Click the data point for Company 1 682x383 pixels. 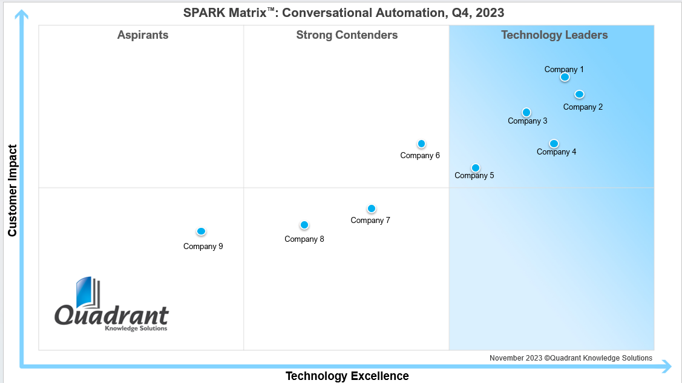click(565, 77)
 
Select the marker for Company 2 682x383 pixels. click(579, 94)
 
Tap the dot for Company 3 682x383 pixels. click(526, 112)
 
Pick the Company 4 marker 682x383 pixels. click(554, 144)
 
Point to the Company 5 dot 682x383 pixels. click(476, 168)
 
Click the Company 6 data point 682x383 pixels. click(421, 144)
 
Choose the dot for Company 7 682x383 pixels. click(372, 208)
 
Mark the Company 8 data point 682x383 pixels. click(304, 225)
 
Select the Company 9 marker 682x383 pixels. click(202, 231)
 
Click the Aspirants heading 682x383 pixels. click(143, 35)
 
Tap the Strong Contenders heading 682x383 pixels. click(347, 35)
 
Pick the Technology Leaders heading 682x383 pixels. click(554, 35)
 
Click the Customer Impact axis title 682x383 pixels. click(13, 190)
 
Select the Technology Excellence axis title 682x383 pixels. click(347, 376)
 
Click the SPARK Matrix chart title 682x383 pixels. click(344, 13)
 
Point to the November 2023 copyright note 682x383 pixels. click(571, 358)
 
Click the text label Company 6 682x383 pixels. click(420, 156)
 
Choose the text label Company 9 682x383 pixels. click(203, 247)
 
